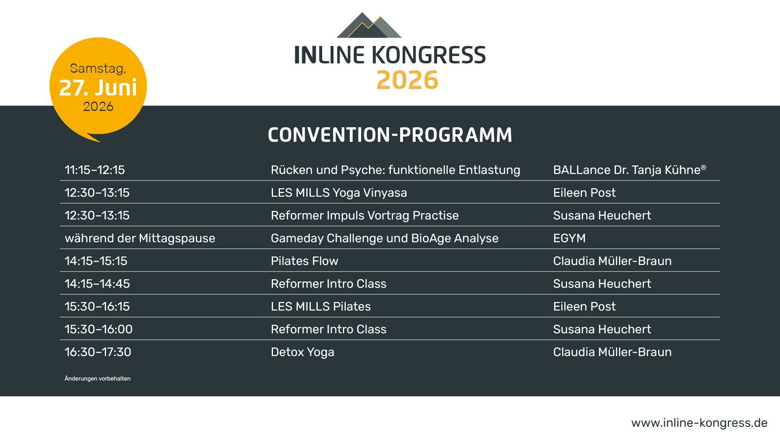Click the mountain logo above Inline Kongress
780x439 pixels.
click(x=369, y=26)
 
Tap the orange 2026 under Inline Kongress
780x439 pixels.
click(x=407, y=80)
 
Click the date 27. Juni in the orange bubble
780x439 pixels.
click(x=98, y=87)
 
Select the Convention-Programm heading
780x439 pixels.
click(x=390, y=135)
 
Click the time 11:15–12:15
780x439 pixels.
click(x=95, y=170)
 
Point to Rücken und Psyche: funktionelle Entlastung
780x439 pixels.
click(x=395, y=170)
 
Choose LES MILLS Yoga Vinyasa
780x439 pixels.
click(x=339, y=193)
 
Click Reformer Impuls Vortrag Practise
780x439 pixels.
click(x=365, y=215)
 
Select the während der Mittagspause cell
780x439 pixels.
click(x=140, y=238)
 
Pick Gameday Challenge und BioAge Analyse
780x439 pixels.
click(x=385, y=238)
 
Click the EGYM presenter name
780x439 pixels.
click(x=570, y=238)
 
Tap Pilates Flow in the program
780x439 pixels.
click(x=305, y=261)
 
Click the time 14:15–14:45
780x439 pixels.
click(x=97, y=284)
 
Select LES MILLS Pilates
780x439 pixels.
click(x=321, y=306)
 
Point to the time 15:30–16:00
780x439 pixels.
click(x=99, y=329)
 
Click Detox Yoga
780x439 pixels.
click(x=303, y=352)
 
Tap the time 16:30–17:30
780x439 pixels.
click(x=98, y=352)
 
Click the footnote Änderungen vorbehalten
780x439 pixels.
click(x=97, y=378)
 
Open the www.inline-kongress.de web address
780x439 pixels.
click(x=700, y=423)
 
